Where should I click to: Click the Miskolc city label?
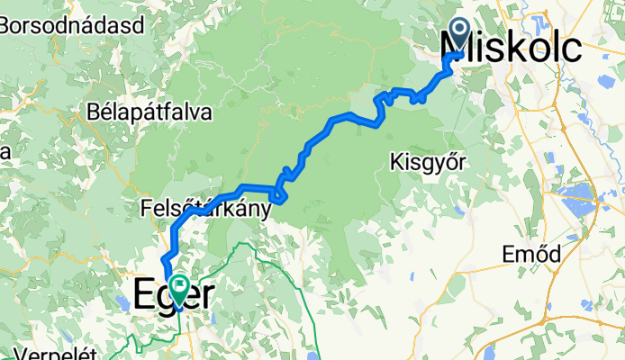pyautogui.click(x=509, y=46)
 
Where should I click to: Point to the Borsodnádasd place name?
pyautogui.click(x=73, y=25)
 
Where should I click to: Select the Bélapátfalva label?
pyautogui.click(x=150, y=112)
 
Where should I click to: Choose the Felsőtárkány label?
pyautogui.click(x=206, y=210)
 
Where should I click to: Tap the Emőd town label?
pyautogui.click(x=531, y=254)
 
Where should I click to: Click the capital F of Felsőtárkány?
pyautogui.click(x=147, y=210)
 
